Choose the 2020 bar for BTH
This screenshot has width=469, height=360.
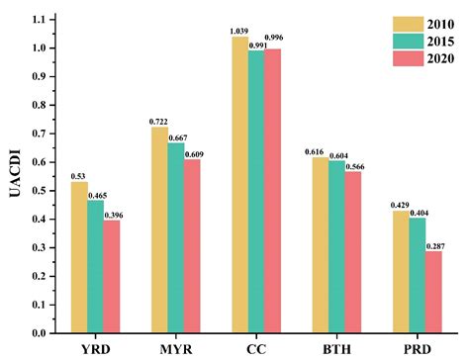353,252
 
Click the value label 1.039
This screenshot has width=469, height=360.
237,31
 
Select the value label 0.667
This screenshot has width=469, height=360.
177,135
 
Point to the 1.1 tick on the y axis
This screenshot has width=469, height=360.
42,20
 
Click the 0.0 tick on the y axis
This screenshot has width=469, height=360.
42,333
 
